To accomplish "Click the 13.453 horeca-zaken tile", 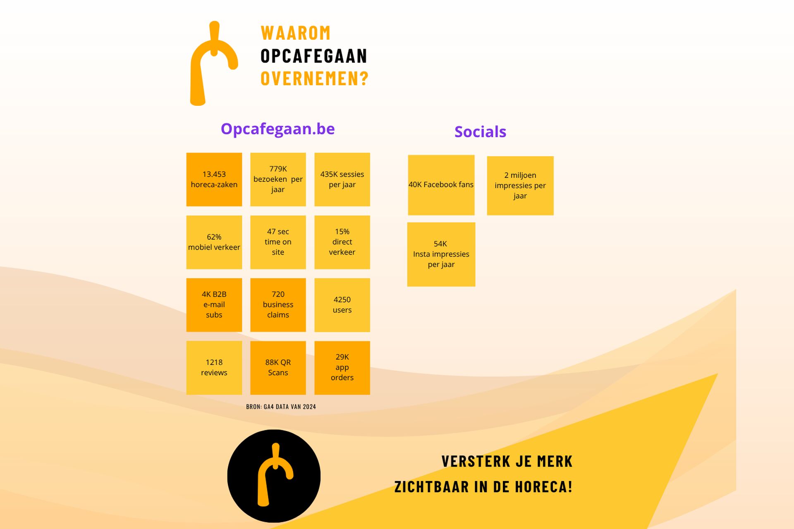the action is [x=214, y=179].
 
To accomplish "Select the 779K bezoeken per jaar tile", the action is [x=278, y=179].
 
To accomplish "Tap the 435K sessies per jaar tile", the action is [x=342, y=179].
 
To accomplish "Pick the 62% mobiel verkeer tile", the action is [x=214, y=242].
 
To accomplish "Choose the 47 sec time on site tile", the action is [x=278, y=242].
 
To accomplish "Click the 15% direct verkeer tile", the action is [x=342, y=242].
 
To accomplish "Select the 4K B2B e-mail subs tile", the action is [x=214, y=305].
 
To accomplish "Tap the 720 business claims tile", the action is [x=278, y=305].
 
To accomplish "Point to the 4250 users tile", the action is [x=342, y=305].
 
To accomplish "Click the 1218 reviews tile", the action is [x=214, y=368].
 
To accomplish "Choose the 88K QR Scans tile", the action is [x=278, y=368].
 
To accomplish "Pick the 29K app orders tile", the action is [x=342, y=368].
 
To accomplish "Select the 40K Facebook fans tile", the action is [x=441, y=185].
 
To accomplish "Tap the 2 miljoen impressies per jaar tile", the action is [x=520, y=186].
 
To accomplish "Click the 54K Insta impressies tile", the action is [x=441, y=255].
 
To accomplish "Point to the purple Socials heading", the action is [x=480, y=132].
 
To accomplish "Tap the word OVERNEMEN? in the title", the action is [x=314, y=79].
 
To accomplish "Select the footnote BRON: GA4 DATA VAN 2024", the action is [x=281, y=407].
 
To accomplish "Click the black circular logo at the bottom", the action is [x=274, y=476].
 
